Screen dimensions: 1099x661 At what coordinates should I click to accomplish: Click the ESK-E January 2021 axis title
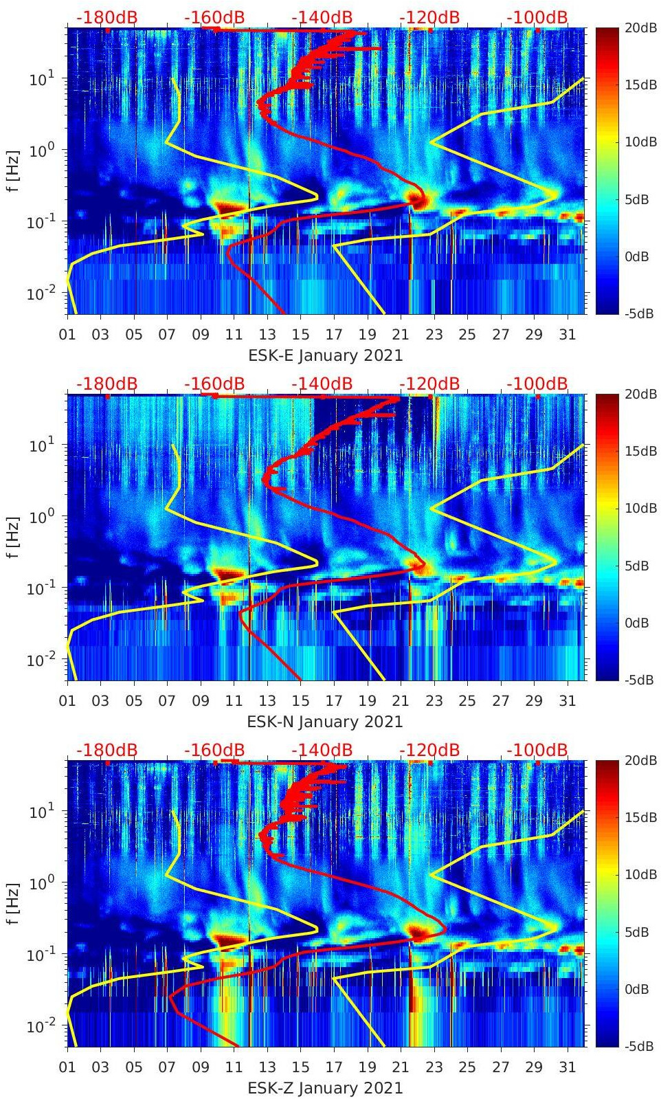click(x=325, y=355)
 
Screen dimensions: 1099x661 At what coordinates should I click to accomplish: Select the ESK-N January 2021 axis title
click(x=325, y=722)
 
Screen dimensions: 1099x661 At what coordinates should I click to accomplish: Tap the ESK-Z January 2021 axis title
click(x=325, y=1088)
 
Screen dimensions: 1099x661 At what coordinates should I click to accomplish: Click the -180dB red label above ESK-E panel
click(x=107, y=17)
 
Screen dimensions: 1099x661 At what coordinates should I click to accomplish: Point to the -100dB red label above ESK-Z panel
click(x=537, y=750)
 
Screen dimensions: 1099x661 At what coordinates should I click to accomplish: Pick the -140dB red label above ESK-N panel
click(x=322, y=384)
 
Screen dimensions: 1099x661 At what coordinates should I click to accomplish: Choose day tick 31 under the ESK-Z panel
click(x=567, y=1067)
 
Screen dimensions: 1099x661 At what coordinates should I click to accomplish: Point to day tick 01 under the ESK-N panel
click(x=67, y=701)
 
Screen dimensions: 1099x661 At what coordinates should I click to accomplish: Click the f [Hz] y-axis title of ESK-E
click(x=13, y=170)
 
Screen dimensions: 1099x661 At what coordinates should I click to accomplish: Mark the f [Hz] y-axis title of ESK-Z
click(x=13, y=903)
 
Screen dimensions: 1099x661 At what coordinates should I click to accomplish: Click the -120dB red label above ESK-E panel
click(x=429, y=17)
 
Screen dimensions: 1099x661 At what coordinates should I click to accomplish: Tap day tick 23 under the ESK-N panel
click(x=434, y=701)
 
